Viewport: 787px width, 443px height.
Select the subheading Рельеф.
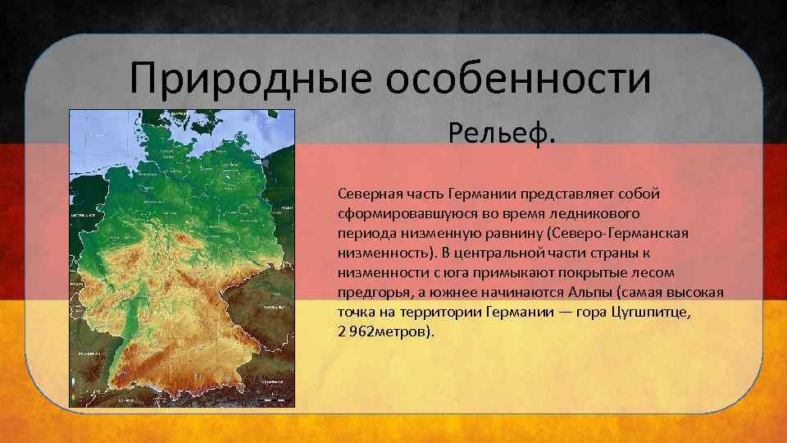502,132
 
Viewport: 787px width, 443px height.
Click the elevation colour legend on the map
74,390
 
